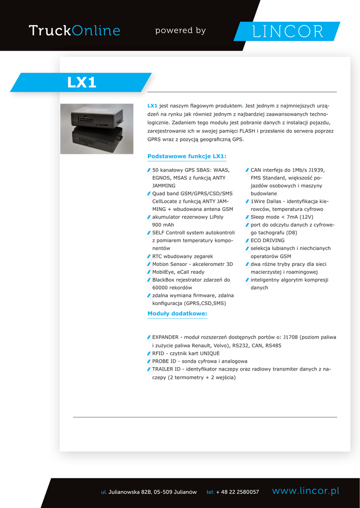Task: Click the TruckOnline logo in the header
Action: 74,31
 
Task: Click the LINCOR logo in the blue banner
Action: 288,31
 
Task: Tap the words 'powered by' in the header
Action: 180,31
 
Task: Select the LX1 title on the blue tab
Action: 82,82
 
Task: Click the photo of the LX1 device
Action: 97,128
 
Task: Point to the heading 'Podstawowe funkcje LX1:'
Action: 187,156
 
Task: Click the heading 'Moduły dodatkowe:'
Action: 177,314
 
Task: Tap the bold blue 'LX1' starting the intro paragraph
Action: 152,106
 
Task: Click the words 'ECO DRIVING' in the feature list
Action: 268,241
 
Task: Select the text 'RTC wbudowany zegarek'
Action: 182,256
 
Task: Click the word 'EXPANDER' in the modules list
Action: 167,337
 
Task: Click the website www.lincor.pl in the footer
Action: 305,491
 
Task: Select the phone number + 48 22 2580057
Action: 237,492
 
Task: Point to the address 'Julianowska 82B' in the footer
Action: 130,492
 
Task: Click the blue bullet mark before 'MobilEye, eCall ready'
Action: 149,272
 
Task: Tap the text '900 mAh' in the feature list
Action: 163,225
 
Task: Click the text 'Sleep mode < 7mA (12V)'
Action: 282,217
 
